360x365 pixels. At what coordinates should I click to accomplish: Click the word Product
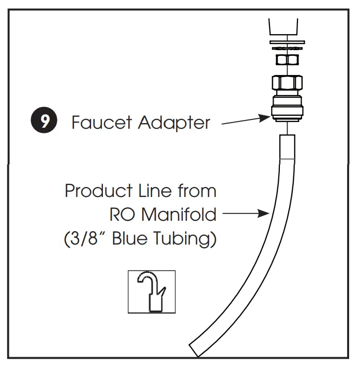98,191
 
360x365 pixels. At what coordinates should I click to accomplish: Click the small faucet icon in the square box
152,292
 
